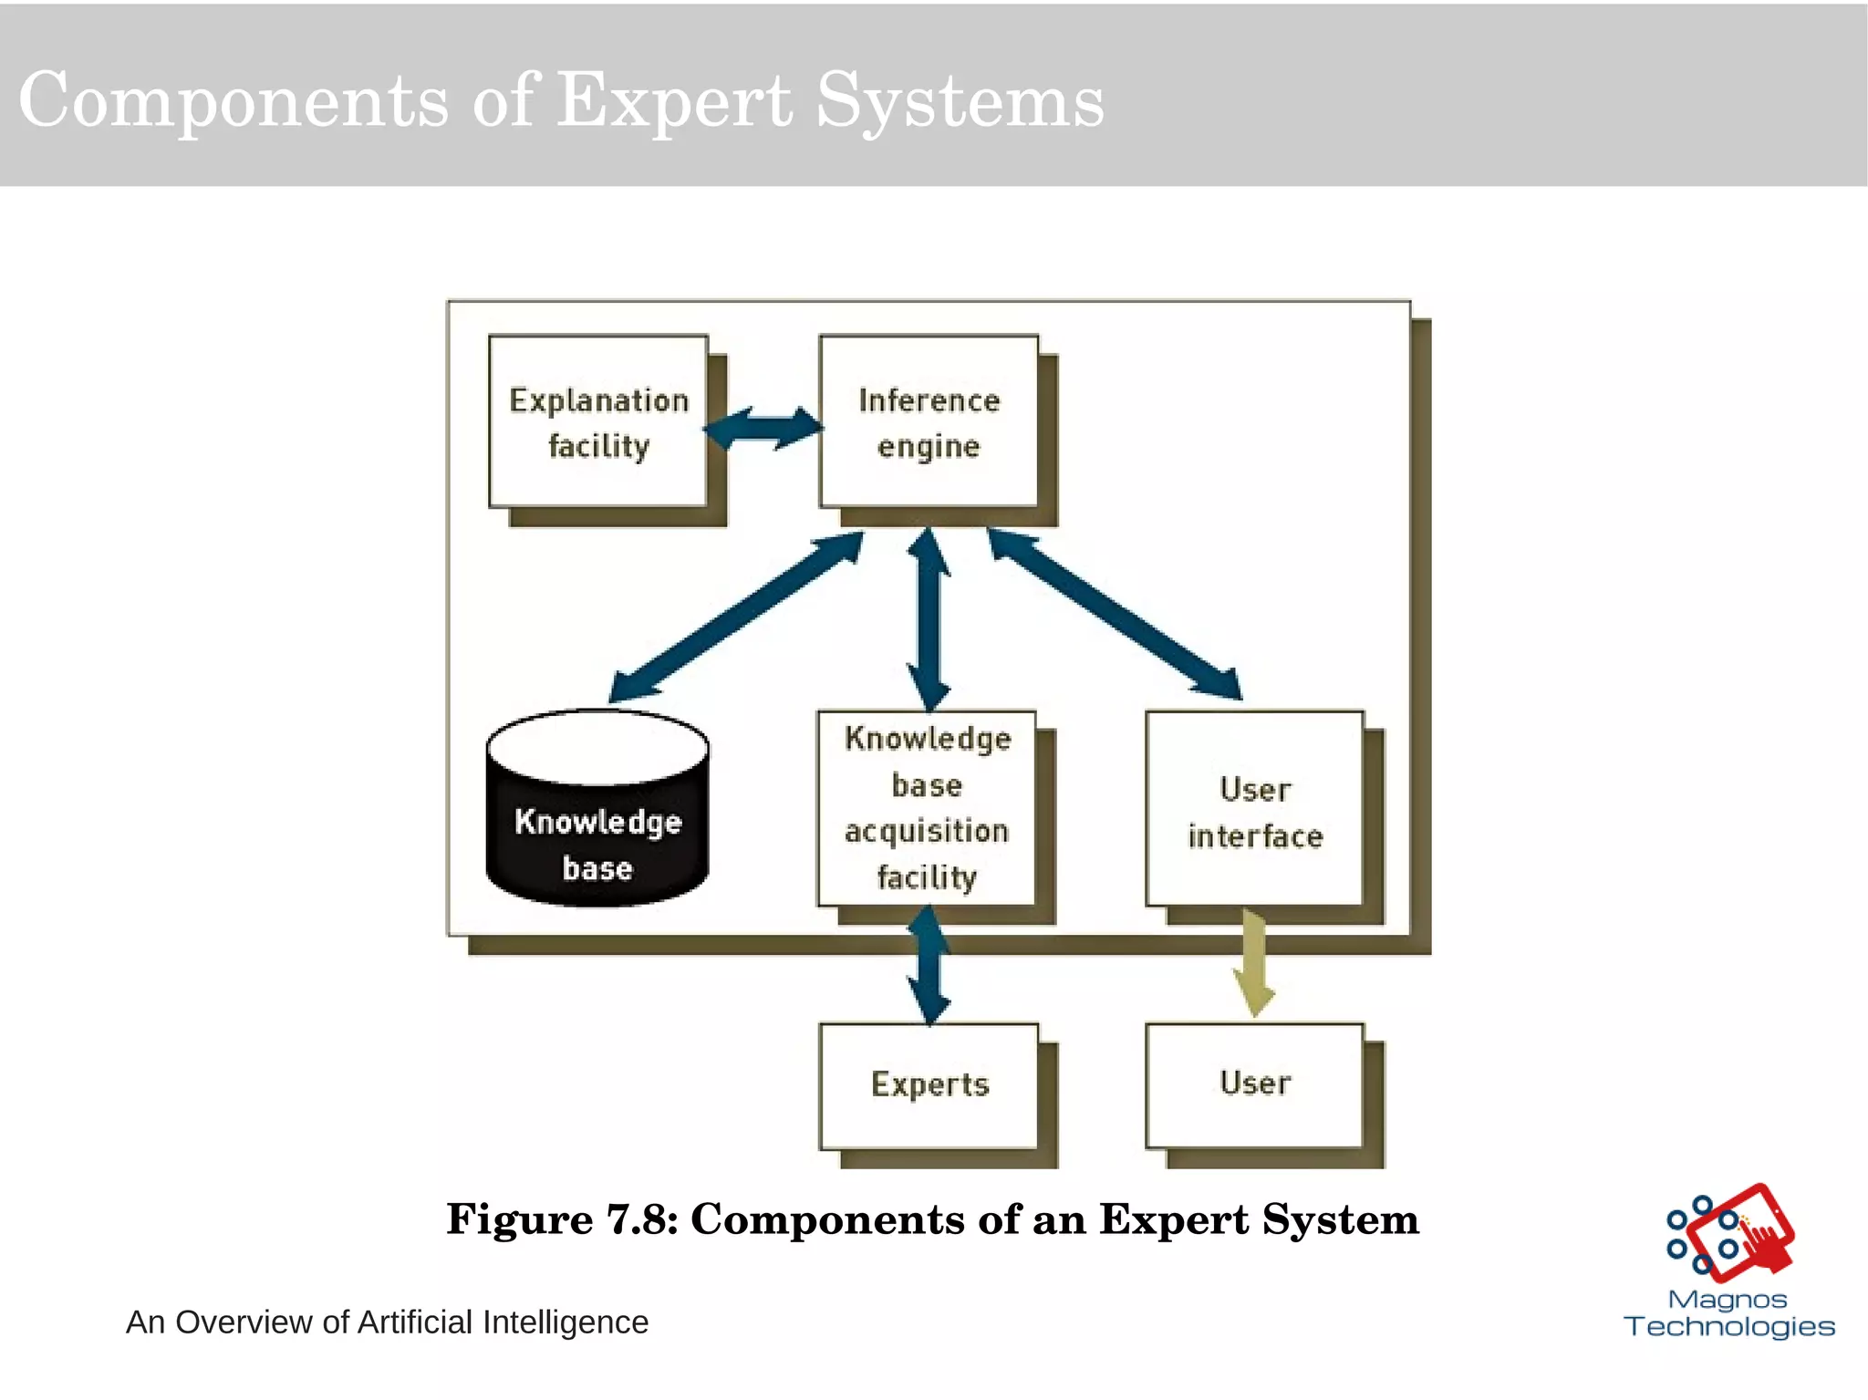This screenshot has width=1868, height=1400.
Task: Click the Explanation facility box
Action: point(598,421)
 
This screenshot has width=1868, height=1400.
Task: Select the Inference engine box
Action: point(929,421)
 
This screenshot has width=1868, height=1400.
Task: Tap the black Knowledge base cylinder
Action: point(597,821)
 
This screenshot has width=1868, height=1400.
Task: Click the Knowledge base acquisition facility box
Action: point(927,807)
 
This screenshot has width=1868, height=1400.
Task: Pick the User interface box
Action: point(1255,808)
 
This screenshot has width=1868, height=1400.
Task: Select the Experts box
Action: point(929,1085)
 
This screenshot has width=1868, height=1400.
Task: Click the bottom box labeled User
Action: point(1255,1085)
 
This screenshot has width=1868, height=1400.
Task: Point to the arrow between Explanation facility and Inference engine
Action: point(764,428)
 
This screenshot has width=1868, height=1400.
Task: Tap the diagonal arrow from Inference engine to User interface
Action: point(1115,617)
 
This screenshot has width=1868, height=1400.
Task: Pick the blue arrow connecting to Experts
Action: point(929,965)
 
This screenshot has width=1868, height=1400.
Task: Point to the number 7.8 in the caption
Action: point(637,1219)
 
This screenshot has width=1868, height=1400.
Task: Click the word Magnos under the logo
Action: point(1727,1299)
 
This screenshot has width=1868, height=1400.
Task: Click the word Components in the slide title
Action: point(233,102)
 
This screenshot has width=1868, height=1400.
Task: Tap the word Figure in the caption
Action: point(520,1219)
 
